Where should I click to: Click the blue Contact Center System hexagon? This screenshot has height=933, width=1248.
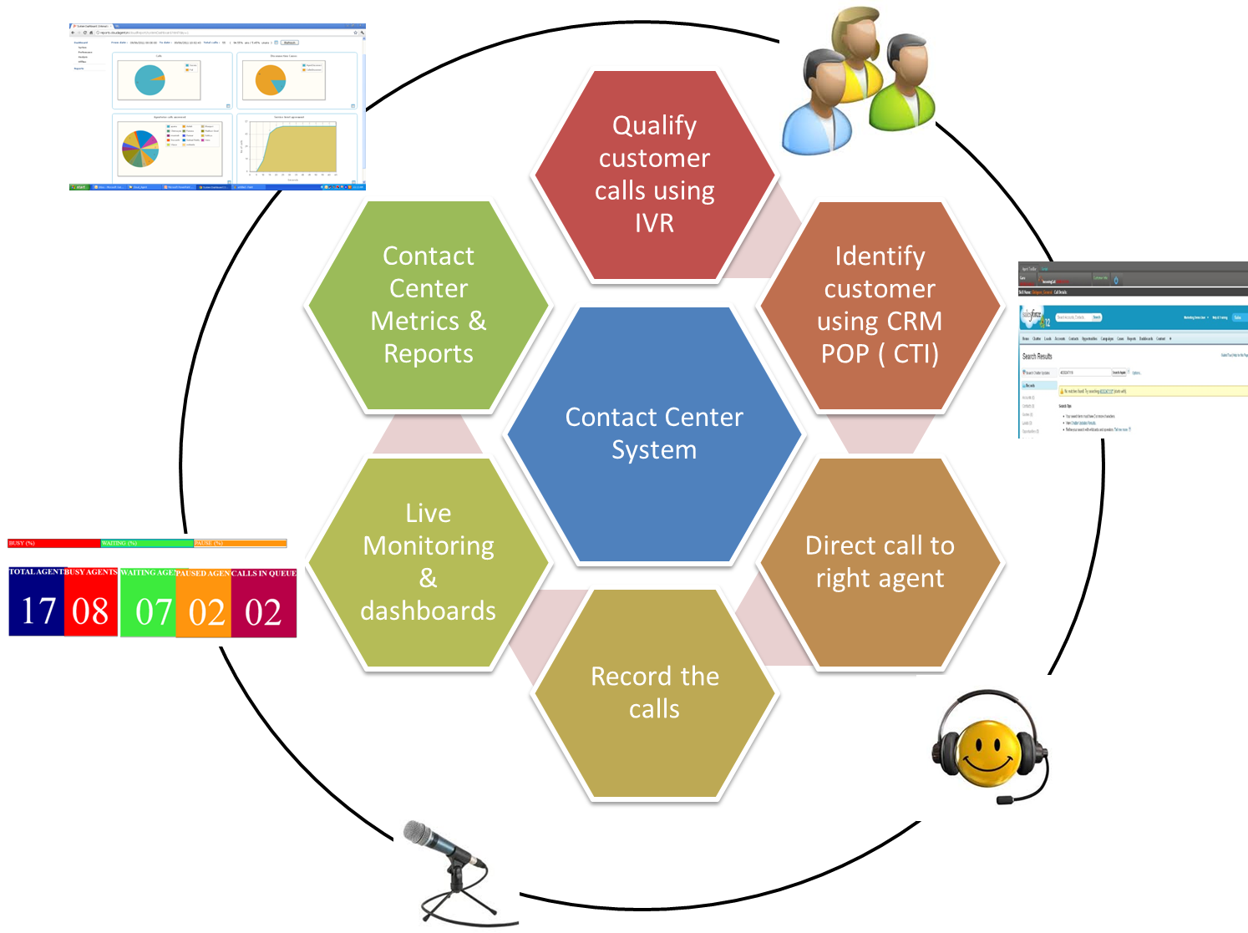pyautogui.click(x=654, y=434)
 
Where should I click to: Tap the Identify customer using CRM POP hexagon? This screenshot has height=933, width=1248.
pyautogui.click(x=880, y=305)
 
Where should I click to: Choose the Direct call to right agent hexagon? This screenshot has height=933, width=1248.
pyautogui.click(x=880, y=561)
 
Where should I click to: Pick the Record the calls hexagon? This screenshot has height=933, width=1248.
pyautogui.click(x=654, y=692)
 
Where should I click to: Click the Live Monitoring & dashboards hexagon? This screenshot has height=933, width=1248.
pyautogui.click(x=428, y=561)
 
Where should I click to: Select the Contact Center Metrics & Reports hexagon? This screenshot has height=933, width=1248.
pyautogui.click(x=428, y=305)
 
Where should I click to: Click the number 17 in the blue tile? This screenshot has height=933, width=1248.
pyautogui.click(x=37, y=611)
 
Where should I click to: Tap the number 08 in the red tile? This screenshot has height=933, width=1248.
pyautogui.click(x=90, y=611)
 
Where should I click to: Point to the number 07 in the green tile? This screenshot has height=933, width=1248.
pyautogui.click(x=154, y=611)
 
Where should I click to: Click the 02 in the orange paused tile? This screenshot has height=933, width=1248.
pyautogui.click(x=206, y=612)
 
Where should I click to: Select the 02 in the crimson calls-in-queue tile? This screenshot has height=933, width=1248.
pyautogui.click(x=263, y=612)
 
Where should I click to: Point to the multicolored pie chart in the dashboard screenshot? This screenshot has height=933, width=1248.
pyautogui.click(x=140, y=149)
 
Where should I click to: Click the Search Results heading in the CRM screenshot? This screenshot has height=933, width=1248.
pyautogui.click(x=1037, y=356)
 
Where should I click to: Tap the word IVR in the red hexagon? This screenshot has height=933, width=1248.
pyautogui.click(x=654, y=223)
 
